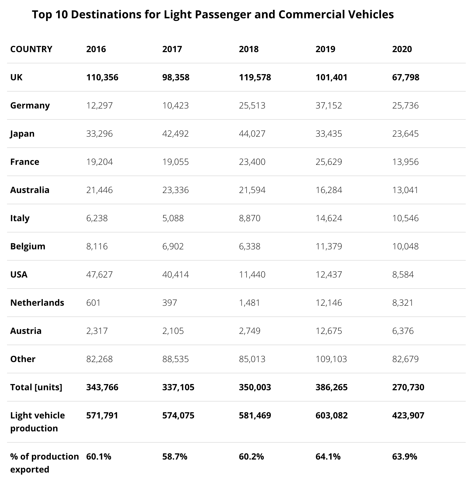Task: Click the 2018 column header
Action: pyautogui.click(x=249, y=49)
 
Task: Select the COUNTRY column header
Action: pyautogui.click(x=31, y=49)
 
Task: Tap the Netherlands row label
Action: pyautogui.click(x=37, y=303)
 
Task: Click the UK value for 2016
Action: pyautogui.click(x=102, y=77)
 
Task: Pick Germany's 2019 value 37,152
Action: pyautogui.click(x=329, y=105)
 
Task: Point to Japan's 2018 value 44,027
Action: pyautogui.click(x=252, y=134)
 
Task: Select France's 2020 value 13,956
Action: pyautogui.click(x=405, y=162)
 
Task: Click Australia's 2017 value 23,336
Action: pyautogui.click(x=175, y=190)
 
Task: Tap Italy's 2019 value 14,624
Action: pyautogui.click(x=329, y=218)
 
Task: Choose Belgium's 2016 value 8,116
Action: pyautogui.click(x=97, y=246)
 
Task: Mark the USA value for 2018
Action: pyautogui.click(x=252, y=274)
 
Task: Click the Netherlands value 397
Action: pyautogui.click(x=170, y=303)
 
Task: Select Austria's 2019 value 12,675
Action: pyautogui.click(x=329, y=331)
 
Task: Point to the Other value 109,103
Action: pyautogui.click(x=331, y=359)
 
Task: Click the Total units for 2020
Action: pyautogui.click(x=408, y=387)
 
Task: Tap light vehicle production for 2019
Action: pyautogui.click(x=331, y=415)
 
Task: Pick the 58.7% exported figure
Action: pyautogui.click(x=175, y=456)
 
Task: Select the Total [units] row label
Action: pyautogui.click(x=36, y=387)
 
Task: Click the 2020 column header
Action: pyautogui.click(x=402, y=49)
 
